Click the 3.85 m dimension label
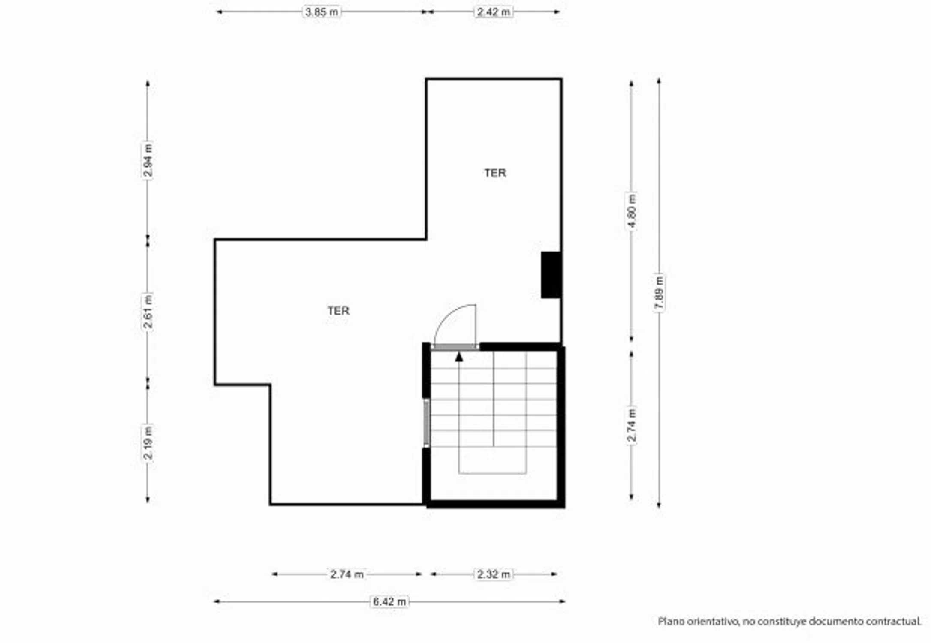(322, 12)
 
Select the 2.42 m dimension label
(494, 12)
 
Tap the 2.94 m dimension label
(148, 160)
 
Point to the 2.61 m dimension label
(148, 312)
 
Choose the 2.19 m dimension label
(148, 443)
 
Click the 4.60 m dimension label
(631, 211)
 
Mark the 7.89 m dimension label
(659, 292)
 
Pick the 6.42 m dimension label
(389, 602)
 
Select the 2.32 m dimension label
(494, 574)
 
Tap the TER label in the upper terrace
(495, 173)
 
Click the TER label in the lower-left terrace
(338, 311)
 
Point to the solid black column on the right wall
(551, 275)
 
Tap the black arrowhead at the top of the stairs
(459, 357)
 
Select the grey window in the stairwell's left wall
(426, 423)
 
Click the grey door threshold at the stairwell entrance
(455, 347)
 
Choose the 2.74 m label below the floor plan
(347, 574)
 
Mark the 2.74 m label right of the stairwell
(631, 425)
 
